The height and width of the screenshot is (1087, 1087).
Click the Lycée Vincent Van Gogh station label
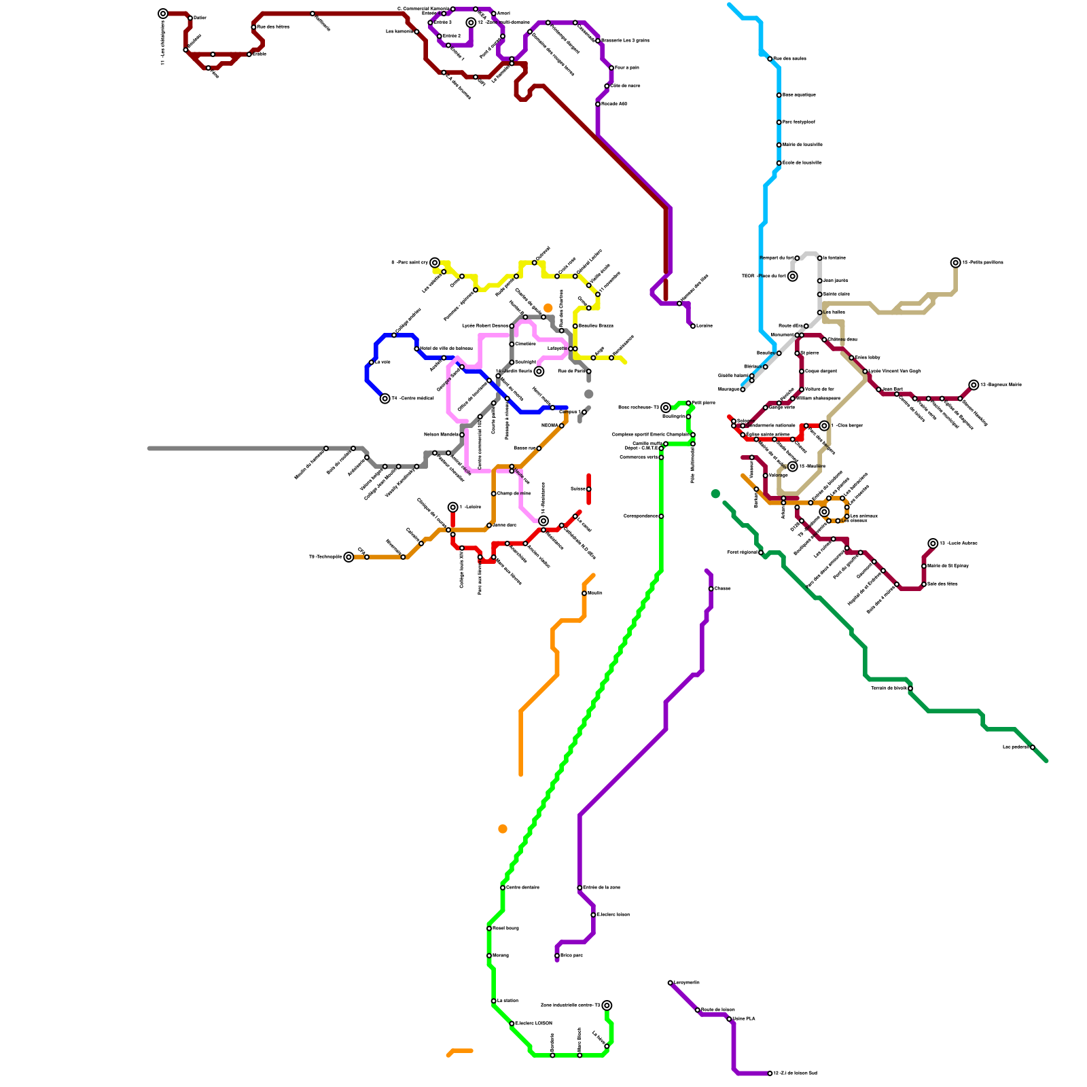[895, 371]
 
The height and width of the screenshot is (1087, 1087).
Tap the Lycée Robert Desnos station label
[485, 326]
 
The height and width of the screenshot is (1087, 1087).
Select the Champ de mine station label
[514, 493]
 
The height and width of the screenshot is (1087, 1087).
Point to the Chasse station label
[722, 588]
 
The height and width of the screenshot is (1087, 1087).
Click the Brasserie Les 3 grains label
[625, 41]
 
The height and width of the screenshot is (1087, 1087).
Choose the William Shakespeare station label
[818, 399]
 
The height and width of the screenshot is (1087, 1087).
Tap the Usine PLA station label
[744, 1019]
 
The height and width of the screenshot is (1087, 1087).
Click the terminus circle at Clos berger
[824, 426]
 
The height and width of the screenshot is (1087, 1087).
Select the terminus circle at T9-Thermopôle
[349, 557]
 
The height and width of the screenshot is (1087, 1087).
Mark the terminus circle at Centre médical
[385, 399]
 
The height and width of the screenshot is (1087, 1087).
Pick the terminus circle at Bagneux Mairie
[974, 385]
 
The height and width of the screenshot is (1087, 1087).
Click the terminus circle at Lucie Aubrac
[933, 543]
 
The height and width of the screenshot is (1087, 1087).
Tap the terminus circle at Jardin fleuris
[539, 372]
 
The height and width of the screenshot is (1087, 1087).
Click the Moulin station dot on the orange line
[584, 593]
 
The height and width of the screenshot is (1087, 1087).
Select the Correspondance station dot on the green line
[661, 516]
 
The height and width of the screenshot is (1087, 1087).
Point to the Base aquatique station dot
[779, 95]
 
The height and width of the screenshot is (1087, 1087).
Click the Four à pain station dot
[611, 68]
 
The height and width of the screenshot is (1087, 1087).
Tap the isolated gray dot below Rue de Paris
[588, 394]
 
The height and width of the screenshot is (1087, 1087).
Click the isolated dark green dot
[715, 494]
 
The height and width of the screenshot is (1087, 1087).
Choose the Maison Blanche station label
[441, 435]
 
